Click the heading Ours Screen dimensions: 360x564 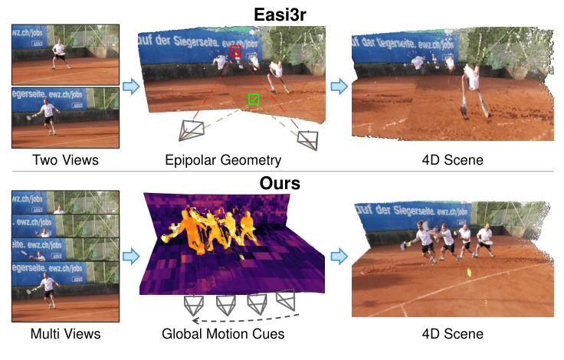pos(281,184)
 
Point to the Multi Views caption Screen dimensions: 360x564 pos(65,334)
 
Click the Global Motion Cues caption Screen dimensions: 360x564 pos(222,334)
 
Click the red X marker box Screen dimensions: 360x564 pos(235,51)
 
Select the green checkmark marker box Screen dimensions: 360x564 pos(254,99)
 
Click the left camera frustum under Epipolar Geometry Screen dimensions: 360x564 pos(192,129)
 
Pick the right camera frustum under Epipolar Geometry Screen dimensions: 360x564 pos(308,139)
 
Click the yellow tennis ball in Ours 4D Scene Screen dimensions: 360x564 pos(468,272)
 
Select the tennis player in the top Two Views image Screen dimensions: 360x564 pos(61,54)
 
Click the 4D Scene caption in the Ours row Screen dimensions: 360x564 pos(452,334)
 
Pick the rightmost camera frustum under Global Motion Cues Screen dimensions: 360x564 pos(285,299)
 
